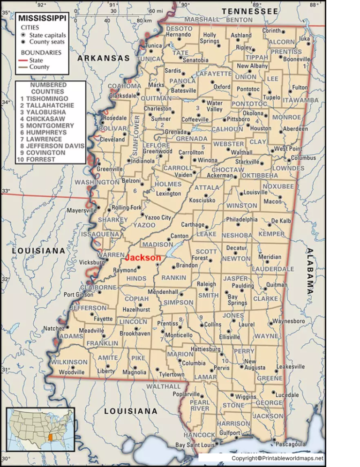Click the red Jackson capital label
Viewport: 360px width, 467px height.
pyautogui.click(x=143, y=258)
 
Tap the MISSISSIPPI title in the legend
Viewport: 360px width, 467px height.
pyautogui.click(x=43, y=18)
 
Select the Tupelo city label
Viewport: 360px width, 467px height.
pyautogui.click(x=271, y=97)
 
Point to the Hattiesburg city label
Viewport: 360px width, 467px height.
pyautogui.click(x=204, y=349)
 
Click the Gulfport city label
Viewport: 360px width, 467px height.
pyautogui.click(x=230, y=433)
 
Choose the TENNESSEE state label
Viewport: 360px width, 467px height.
pyautogui.click(x=250, y=11)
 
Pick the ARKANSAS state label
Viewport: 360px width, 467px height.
pyautogui.click(x=103, y=58)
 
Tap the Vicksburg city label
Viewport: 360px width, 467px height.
pyautogui.click(x=91, y=262)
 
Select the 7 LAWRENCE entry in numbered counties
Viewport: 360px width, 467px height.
pyautogui.click(x=44, y=139)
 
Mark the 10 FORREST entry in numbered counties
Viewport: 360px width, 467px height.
pyautogui.click(x=37, y=159)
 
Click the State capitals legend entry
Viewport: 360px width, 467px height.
pyautogui.click(x=47, y=35)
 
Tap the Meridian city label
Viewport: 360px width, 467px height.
pyautogui.click(x=270, y=257)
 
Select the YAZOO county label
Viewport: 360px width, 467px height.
pyautogui.click(x=144, y=225)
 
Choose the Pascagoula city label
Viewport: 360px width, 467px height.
pyautogui.click(x=291, y=444)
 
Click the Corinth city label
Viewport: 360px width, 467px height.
pyautogui.click(x=271, y=31)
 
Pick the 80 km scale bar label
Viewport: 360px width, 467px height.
pyautogui.click(x=144, y=21)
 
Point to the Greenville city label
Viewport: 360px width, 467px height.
pyautogui.click(x=110, y=169)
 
